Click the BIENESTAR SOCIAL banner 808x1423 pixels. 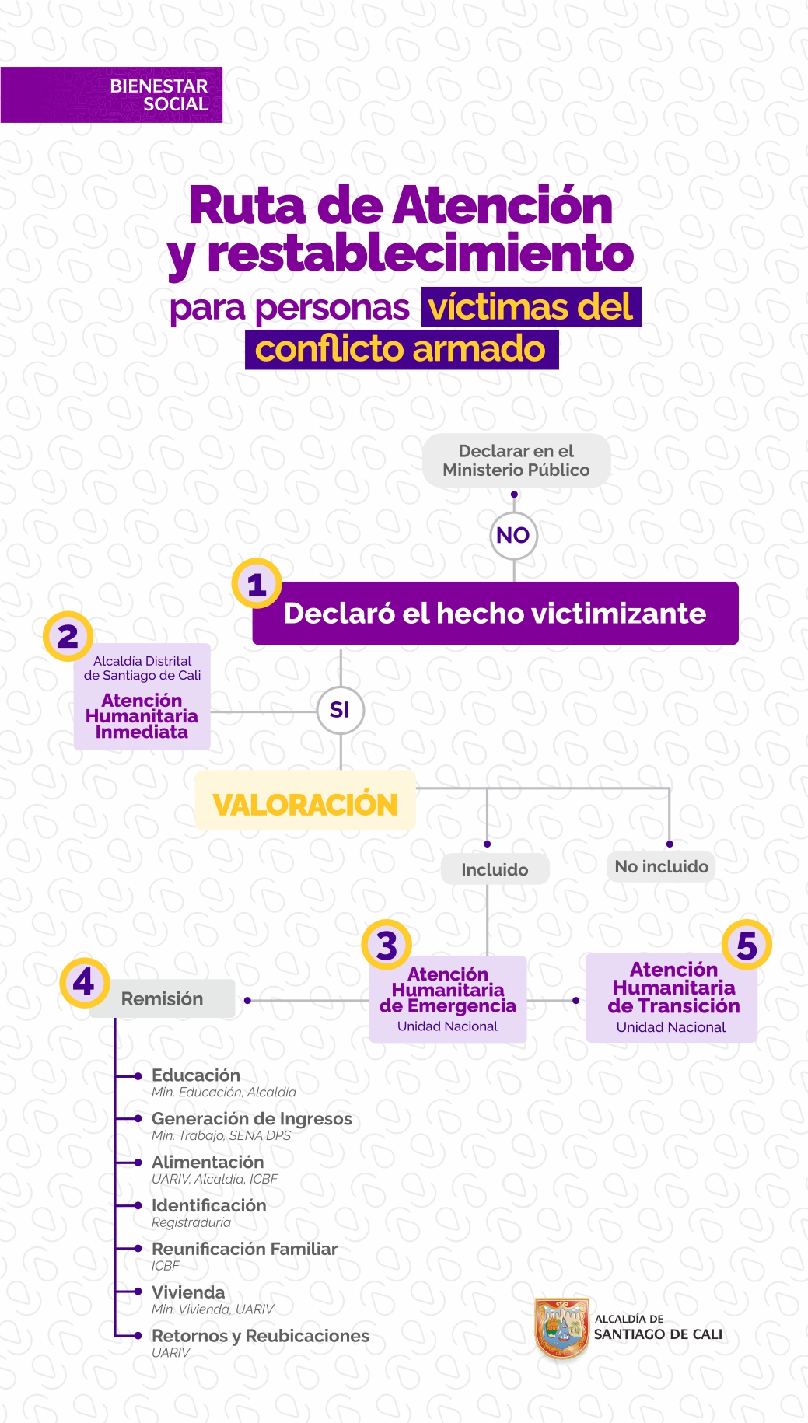tap(111, 95)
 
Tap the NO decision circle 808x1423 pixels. tap(513, 535)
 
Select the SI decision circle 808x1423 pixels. tap(340, 710)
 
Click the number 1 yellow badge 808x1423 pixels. tap(257, 584)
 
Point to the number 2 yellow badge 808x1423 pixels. tap(68, 636)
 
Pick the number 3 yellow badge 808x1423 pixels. tap(387, 945)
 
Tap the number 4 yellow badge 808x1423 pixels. tap(84, 983)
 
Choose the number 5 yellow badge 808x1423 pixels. tap(747, 945)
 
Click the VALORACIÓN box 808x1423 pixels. tap(305, 801)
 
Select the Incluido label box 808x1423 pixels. tap(495, 869)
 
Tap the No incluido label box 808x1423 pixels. tap(662, 866)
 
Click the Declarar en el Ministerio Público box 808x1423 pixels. tap(516, 460)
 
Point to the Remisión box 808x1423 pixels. tap(162, 998)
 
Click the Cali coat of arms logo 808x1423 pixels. tap(561, 1328)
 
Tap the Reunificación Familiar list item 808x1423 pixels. tap(244, 1256)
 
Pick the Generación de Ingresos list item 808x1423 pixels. tap(251, 1126)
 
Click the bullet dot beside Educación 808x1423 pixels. tap(138, 1076)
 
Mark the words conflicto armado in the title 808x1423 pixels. tap(401, 349)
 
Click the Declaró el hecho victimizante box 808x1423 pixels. tap(495, 613)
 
